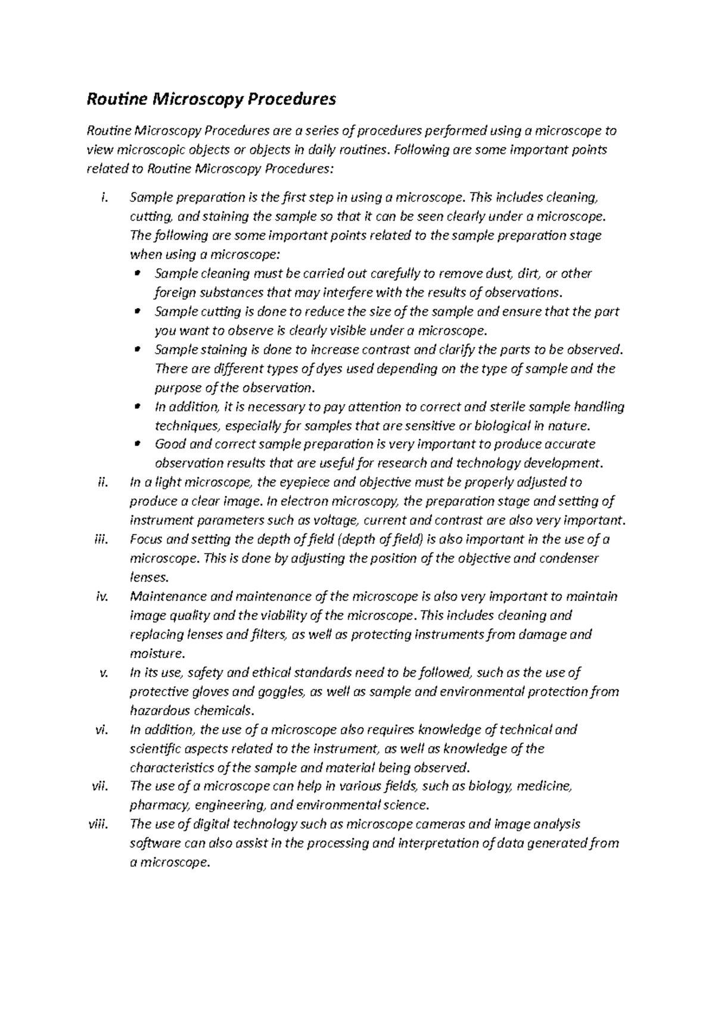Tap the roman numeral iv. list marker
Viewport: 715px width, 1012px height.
pos(102,597)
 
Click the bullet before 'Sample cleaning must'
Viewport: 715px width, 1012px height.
pos(138,274)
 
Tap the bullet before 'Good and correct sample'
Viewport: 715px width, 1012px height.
pos(138,444)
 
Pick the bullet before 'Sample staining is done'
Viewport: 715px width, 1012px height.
pos(138,349)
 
